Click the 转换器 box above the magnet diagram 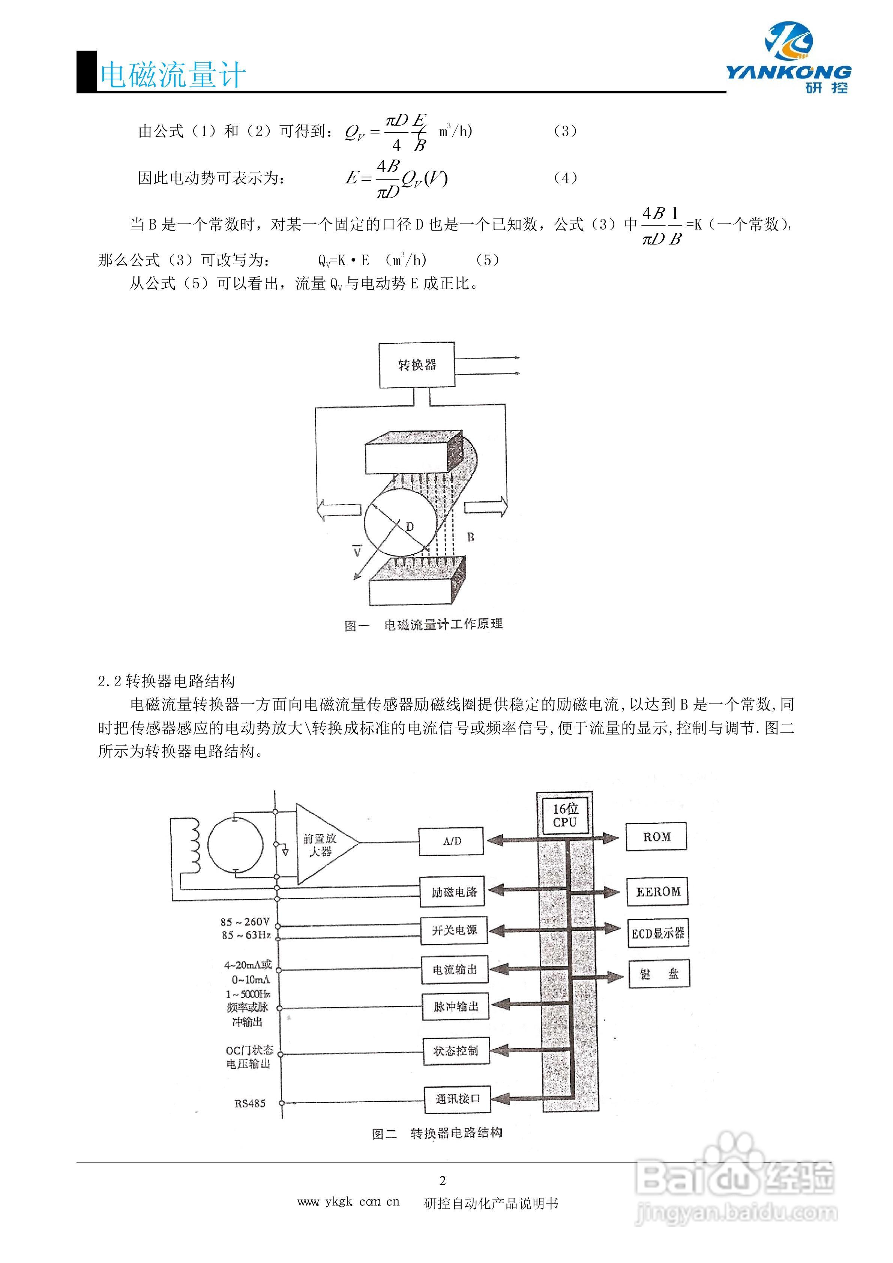pos(417,365)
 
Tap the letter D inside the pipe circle pos(409,526)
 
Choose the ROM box pos(656,837)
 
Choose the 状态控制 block pos(456,1051)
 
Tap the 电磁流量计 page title pos(172,75)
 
